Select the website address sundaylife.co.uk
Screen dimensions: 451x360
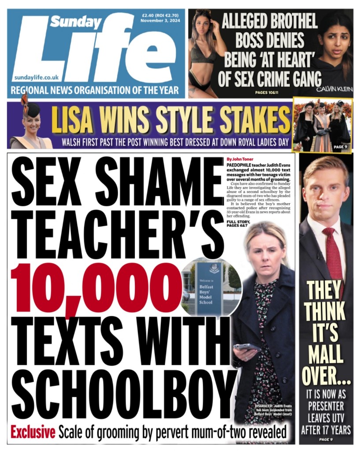tap(36, 77)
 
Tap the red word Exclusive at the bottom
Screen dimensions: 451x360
tap(33, 432)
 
